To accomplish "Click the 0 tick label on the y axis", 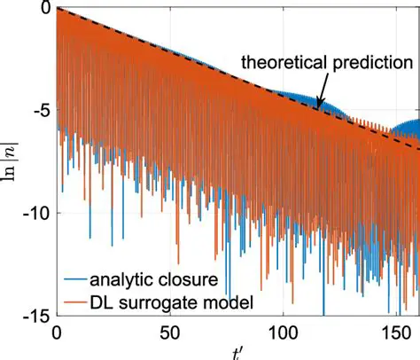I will tap(43, 9).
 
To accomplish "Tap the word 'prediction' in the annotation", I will tap(369, 63).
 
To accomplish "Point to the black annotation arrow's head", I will tap(319, 107).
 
